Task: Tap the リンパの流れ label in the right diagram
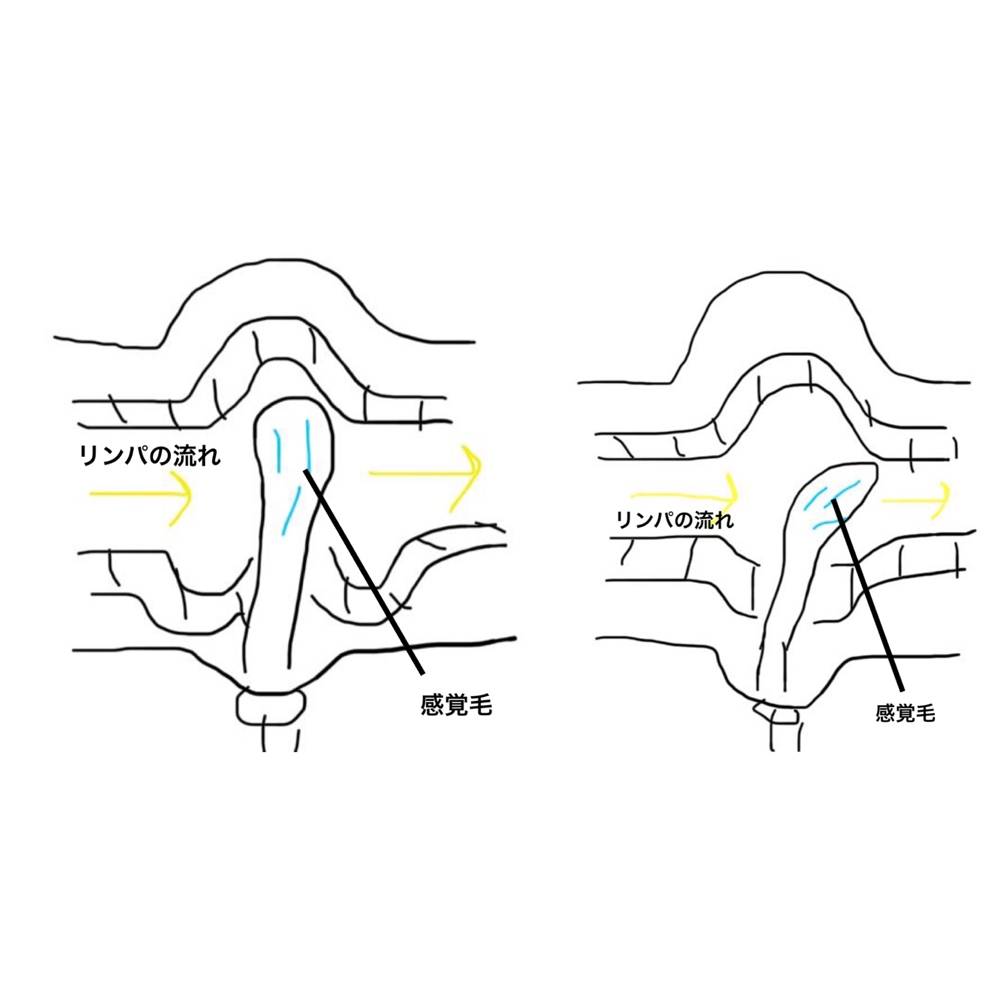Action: point(675,520)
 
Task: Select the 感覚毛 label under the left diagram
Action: point(456,705)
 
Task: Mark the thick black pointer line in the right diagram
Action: point(867,595)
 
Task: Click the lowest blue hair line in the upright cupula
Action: point(291,509)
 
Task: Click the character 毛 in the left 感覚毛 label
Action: point(480,705)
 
